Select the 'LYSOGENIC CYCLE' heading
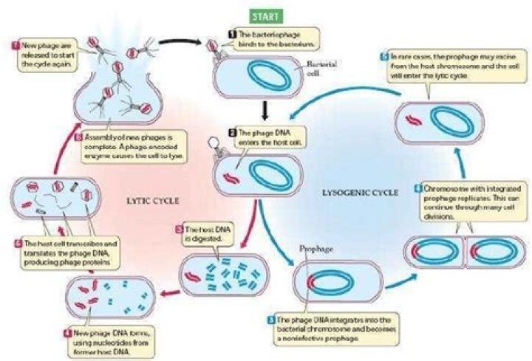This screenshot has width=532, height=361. (360, 193)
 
